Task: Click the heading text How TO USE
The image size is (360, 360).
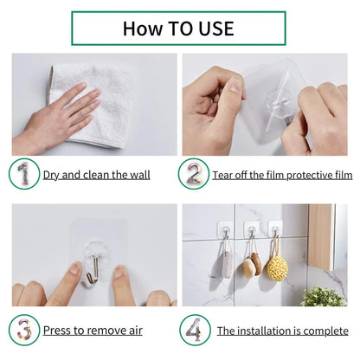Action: pyautogui.click(x=178, y=28)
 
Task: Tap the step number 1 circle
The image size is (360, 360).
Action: pyautogui.click(x=24, y=173)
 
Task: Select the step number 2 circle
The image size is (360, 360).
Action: pyautogui.click(x=194, y=173)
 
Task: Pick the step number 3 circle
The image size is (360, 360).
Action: pyautogui.click(x=24, y=330)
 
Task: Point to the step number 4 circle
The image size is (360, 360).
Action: pyautogui.click(x=194, y=330)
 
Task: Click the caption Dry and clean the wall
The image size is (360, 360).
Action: pyautogui.click(x=96, y=175)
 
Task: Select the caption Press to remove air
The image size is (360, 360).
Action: pyautogui.click(x=93, y=331)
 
